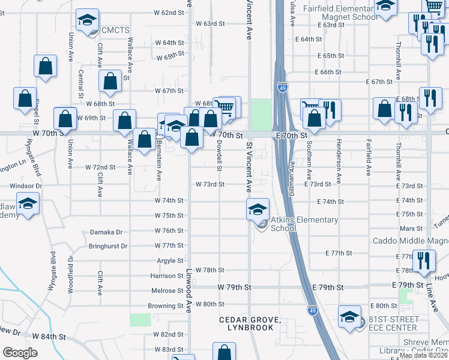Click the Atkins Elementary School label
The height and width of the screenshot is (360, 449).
coord(304,224)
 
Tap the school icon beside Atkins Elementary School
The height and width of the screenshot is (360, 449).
coord(257,209)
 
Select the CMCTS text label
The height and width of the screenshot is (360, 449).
coord(115,30)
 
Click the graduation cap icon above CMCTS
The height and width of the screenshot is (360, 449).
coord(88,22)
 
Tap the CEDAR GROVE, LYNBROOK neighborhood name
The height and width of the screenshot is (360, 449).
coord(251,323)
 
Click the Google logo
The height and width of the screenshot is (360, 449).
coord(20,353)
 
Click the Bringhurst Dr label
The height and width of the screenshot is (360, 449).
coord(108,246)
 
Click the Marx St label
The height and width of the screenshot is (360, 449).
coord(411,229)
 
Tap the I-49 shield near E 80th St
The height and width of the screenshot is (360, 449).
coord(312,310)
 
